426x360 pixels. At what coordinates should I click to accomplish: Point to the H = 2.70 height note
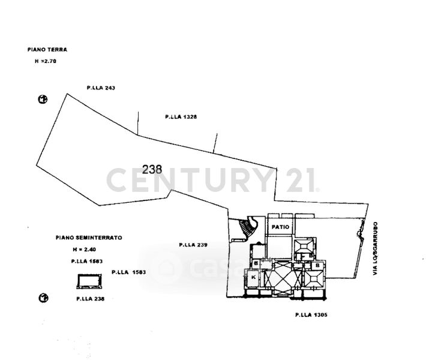click(45, 61)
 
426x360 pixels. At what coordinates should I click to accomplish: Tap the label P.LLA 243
click(101, 88)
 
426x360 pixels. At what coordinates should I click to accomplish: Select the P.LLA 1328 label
click(181, 116)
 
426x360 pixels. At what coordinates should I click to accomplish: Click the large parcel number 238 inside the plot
click(153, 169)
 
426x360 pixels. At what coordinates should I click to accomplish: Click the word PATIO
click(280, 227)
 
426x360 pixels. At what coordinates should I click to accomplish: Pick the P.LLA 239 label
click(193, 245)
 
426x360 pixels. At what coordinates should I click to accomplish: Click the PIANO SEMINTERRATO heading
click(89, 238)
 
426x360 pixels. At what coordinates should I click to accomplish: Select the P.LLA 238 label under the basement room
click(91, 298)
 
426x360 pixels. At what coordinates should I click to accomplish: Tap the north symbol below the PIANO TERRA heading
click(43, 100)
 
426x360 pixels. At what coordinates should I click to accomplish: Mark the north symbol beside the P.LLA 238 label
click(43, 298)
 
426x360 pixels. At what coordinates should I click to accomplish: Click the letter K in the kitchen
click(254, 278)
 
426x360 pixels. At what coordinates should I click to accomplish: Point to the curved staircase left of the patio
click(247, 227)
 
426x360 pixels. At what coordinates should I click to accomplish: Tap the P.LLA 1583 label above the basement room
click(84, 261)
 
